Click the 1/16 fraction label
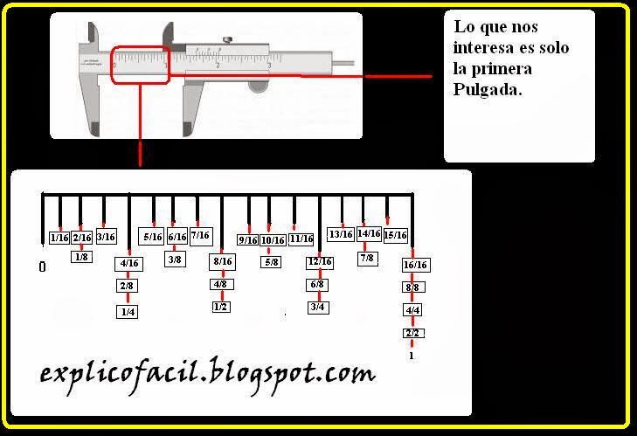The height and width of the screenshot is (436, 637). pos(59,238)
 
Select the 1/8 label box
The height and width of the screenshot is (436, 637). pos(81,257)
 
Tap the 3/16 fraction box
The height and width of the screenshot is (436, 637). pos(106,237)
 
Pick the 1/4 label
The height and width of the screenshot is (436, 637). pos(128,310)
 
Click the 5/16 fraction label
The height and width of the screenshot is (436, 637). pos(152,237)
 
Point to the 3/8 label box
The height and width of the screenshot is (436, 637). pos(175,259)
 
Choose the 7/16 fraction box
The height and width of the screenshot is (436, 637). pos(200,236)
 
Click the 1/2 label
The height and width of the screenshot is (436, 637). pos(221,307)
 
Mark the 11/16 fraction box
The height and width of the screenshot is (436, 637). pos(301,239)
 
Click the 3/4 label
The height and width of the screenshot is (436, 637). pos(318,307)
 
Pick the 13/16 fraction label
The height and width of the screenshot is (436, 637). pos(340,234)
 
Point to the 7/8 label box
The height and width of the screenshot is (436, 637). pos(368,258)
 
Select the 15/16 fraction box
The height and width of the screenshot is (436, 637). pos(395,235)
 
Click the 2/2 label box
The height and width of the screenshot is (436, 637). pos(413,334)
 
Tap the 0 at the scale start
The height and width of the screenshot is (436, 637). pos(42,266)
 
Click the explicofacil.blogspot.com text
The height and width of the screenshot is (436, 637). pos(208,374)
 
